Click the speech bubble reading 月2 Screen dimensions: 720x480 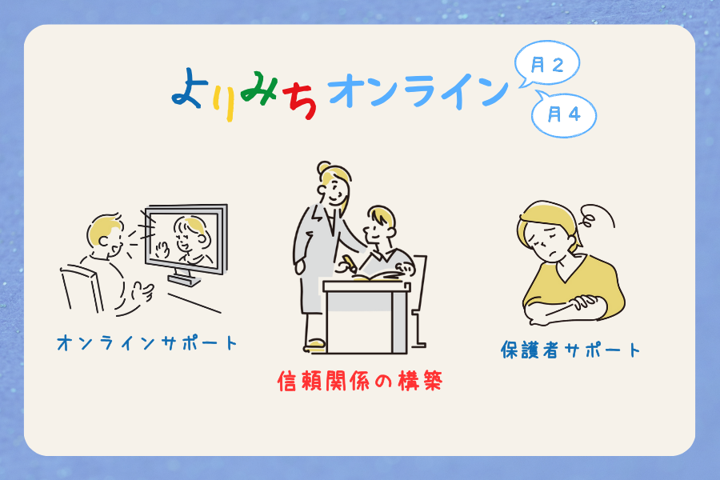pyautogui.click(x=547, y=64)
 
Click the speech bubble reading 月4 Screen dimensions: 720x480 pyautogui.click(x=564, y=114)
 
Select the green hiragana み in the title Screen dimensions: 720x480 pyautogui.click(x=258, y=88)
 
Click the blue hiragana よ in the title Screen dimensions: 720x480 pyautogui.click(x=188, y=89)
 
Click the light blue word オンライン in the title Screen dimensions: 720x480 pyautogui.click(x=418, y=91)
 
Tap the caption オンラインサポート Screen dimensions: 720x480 pyautogui.click(x=147, y=343)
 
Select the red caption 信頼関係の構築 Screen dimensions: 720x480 pyautogui.click(x=360, y=381)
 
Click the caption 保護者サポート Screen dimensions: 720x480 pyautogui.click(x=570, y=350)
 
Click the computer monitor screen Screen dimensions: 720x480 pyautogui.click(x=186, y=239)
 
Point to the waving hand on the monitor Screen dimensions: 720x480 pyautogui.click(x=162, y=250)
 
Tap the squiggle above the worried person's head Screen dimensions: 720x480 pyautogui.click(x=596, y=216)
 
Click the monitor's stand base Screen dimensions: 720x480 pyautogui.click(x=184, y=279)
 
